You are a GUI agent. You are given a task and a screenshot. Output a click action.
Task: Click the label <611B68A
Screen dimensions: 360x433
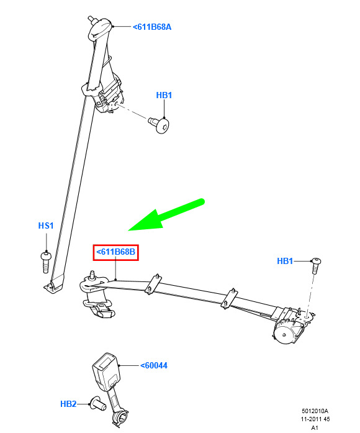pyautogui.click(x=152, y=27)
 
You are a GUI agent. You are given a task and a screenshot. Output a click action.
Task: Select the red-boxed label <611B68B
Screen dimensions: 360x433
pyautogui.click(x=115, y=252)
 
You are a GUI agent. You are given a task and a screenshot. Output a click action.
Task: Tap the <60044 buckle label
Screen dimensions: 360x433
pyautogui.click(x=154, y=365)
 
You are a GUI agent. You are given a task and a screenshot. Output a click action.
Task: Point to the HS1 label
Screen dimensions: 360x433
pyautogui.click(x=46, y=226)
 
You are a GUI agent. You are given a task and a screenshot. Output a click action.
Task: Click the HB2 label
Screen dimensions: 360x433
pyautogui.click(x=68, y=404)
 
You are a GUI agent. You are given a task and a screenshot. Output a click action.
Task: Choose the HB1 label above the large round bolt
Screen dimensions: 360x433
pyautogui.click(x=164, y=95)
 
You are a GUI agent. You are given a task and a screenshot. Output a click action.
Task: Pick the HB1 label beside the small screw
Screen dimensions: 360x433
pyautogui.click(x=285, y=261)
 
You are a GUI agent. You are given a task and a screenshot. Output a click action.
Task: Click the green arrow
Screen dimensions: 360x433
pyautogui.click(x=166, y=215)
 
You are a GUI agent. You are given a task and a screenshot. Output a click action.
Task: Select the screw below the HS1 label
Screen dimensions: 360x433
pyautogui.click(x=46, y=262)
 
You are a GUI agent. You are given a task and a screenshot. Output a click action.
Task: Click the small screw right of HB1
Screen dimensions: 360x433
pyautogui.click(x=316, y=265)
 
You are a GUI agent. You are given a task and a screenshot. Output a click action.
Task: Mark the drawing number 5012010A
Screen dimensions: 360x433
pyautogui.click(x=315, y=411)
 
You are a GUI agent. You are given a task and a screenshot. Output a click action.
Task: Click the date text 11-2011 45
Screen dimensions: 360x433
pyautogui.click(x=315, y=419)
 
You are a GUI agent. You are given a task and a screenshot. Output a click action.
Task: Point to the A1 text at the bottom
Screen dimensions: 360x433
pyautogui.click(x=315, y=428)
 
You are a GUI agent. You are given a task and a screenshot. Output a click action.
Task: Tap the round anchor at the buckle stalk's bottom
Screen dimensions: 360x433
pyautogui.click(x=120, y=417)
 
